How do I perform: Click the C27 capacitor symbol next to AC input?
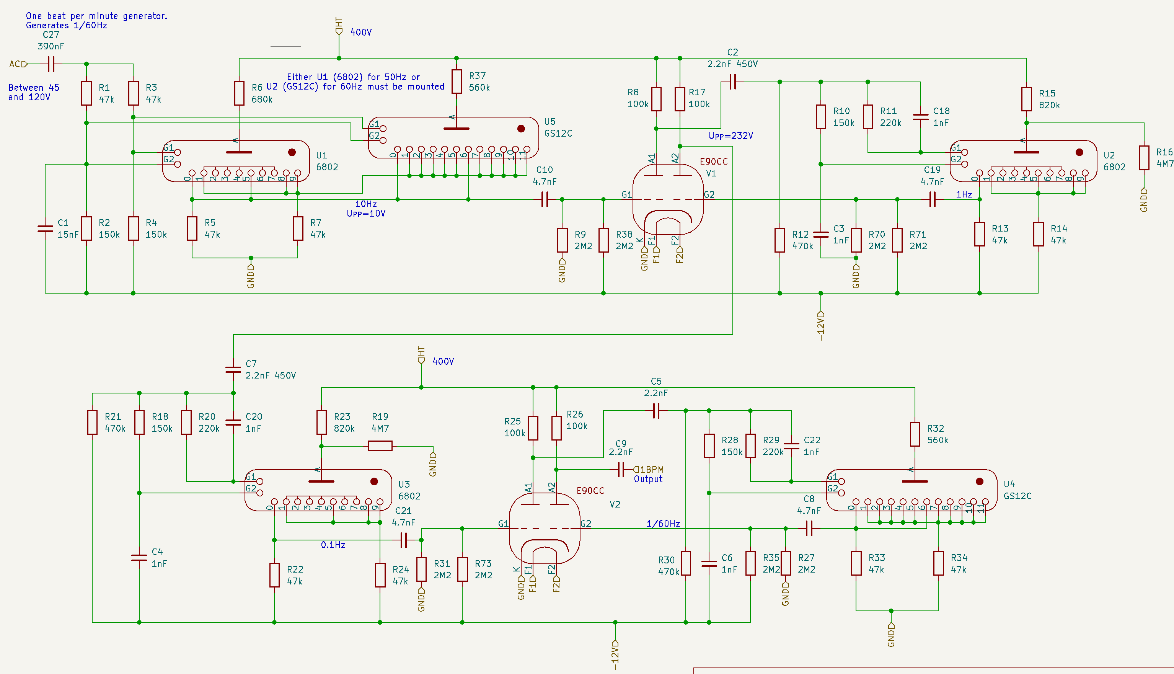(x=51, y=64)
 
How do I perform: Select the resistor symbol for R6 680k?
(x=239, y=93)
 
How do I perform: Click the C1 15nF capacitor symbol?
(x=45, y=228)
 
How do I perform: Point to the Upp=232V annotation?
(x=730, y=135)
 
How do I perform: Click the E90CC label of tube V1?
(x=714, y=162)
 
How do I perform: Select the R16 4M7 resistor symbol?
(x=1144, y=158)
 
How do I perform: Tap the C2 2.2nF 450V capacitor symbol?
(x=732, y=82)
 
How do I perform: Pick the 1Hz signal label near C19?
(x=964, y=194)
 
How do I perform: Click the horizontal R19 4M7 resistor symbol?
(x=380, y=446)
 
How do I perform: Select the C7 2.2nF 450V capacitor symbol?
(x=233, y=369)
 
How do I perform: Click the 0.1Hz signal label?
(x=333, y=545)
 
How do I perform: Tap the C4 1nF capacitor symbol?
(x=139, y=557)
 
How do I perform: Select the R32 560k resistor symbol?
(x=915, y=434)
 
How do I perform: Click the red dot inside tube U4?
(x=979, y=481)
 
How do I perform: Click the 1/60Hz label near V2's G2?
(x=663, y=524)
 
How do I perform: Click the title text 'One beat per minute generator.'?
(x=97, y=16)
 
